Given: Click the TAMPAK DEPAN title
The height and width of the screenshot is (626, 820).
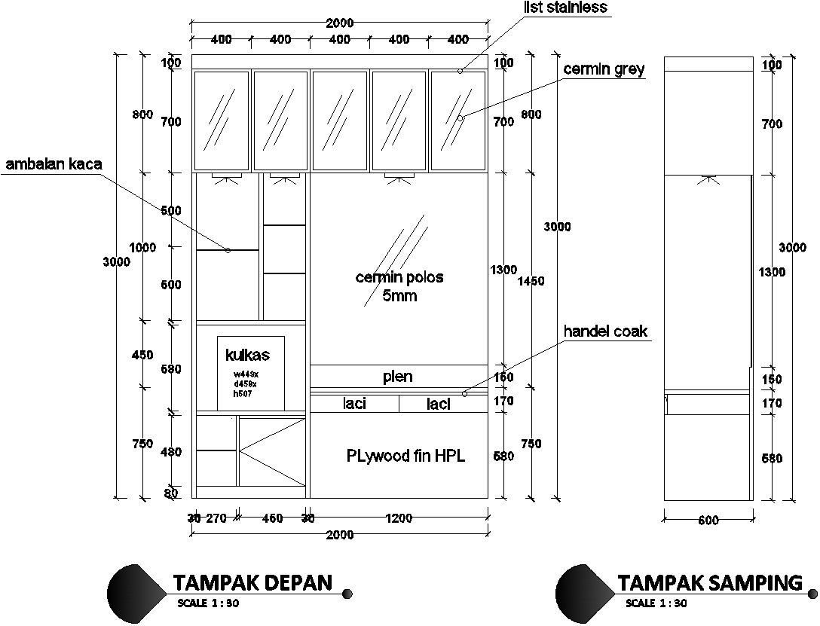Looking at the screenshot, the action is point(252,582).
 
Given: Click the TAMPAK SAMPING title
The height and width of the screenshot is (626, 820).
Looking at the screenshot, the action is point(710,582).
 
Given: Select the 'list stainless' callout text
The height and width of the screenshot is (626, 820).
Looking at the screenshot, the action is point(565,8).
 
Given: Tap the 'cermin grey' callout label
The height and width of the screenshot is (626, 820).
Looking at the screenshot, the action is point(604,69).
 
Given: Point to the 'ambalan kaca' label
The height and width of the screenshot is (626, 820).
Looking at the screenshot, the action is point(53,163).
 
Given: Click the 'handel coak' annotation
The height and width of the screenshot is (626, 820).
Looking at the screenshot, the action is point(605,331).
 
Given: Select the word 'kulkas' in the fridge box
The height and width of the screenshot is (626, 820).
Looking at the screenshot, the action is point(247,355).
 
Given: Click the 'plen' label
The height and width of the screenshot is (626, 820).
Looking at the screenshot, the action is point(397,377).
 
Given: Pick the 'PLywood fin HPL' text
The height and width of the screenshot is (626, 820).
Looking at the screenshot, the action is point(405,456).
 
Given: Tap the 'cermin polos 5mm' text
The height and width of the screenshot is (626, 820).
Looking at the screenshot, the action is point(399,286).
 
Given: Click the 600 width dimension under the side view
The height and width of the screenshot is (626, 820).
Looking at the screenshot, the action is point(708,521).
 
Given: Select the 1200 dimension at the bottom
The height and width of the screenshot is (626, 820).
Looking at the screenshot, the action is point(399,518).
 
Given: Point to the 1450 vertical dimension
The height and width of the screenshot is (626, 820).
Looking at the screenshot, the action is point(531,281).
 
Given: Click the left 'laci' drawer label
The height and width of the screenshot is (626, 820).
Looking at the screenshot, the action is point(354,404).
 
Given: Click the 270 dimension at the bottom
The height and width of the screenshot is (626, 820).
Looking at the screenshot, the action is point(216,518).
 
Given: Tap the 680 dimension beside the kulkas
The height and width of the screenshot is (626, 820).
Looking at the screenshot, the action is point(171,370).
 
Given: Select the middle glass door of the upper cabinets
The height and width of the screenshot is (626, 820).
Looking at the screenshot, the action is point(339,121).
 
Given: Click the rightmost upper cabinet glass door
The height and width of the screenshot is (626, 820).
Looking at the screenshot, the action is point(458,121).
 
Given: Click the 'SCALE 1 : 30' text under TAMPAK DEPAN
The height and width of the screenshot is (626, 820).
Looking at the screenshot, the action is point(208,603).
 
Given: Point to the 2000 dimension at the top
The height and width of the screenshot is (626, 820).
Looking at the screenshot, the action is point(339,23).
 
